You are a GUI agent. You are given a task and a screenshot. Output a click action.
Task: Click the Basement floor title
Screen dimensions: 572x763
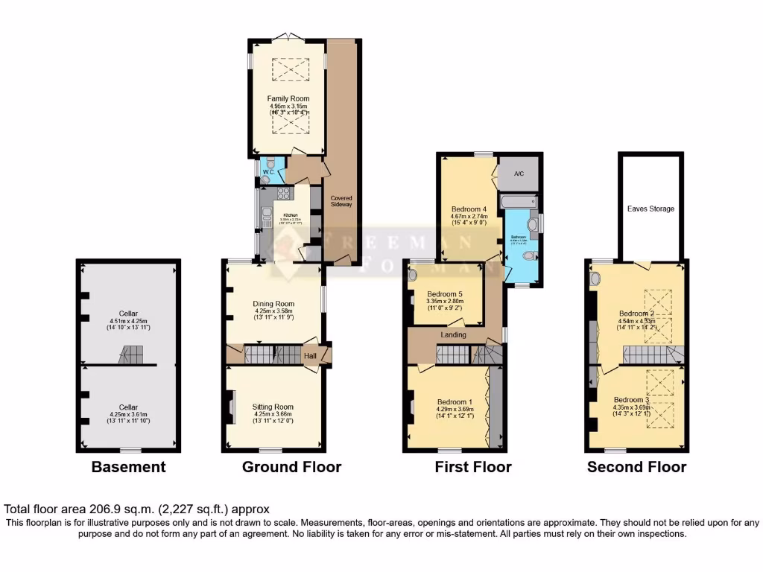[128, 467]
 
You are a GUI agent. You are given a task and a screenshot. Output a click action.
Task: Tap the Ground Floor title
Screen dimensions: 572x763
[291, 467]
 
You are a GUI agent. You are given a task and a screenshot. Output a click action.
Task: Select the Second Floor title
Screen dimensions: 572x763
[636, 467]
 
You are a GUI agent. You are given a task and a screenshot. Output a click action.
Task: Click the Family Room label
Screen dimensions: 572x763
[288, 98]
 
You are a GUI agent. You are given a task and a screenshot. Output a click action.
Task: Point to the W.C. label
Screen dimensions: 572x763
[268, 172]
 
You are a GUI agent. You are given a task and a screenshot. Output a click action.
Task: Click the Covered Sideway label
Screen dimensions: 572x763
[342, 201]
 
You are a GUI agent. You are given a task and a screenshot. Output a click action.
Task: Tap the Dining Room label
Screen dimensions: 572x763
[273, 304]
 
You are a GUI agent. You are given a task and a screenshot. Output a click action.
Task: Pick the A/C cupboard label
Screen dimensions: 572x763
[519, 174]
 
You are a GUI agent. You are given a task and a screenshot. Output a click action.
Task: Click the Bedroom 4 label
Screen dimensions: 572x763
[469, 209]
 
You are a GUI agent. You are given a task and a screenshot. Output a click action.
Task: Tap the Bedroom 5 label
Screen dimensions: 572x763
[446, 293]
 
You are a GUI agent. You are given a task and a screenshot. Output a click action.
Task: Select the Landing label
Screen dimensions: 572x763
[454, 335]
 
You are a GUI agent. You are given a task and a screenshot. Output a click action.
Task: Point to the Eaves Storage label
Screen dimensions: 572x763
[650, 209]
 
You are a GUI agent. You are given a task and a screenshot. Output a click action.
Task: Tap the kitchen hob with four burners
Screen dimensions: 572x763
[284, 193]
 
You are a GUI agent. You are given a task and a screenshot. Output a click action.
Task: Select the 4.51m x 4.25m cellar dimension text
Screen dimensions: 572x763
[128, 322]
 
